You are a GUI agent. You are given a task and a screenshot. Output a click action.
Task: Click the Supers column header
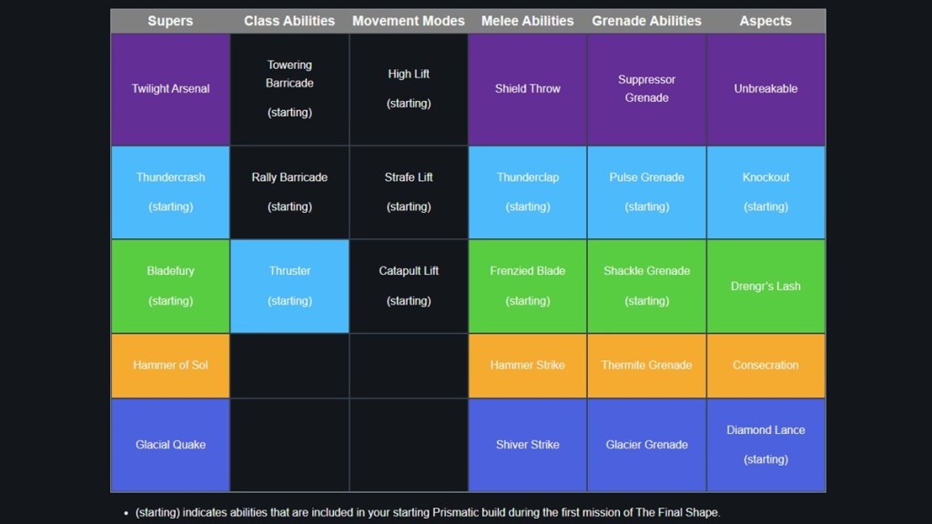[170, 21]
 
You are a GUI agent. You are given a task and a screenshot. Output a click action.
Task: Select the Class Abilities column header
[289, 21]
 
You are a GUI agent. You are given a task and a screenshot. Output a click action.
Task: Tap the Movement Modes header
[409, 21]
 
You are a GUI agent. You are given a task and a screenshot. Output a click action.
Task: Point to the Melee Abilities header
[528, 21]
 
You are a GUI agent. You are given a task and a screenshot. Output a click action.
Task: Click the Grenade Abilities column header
[647, 21]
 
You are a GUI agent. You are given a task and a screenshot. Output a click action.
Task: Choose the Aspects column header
[765, 21]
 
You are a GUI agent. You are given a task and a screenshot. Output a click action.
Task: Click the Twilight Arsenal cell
[170, 89]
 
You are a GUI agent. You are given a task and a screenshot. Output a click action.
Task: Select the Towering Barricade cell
[289, 89]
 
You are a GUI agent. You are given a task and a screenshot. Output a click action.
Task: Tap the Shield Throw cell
[528, 89]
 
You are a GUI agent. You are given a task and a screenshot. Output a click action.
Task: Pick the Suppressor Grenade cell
[647, 89]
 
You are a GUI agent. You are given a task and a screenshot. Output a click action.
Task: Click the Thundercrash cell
[170, 192]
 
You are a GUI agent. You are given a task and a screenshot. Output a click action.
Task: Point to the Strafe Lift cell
[409, 192]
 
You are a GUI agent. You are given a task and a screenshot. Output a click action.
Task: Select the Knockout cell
[765, 192]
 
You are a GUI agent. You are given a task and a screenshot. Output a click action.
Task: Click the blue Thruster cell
[289, 286]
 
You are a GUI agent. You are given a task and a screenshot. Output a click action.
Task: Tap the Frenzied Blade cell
[528, 286]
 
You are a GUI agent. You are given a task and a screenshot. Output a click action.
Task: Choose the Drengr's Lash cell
[765, 286]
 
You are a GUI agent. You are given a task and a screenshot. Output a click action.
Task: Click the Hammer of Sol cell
[170, 366]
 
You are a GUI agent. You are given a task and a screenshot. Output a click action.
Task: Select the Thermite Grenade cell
[647, 366]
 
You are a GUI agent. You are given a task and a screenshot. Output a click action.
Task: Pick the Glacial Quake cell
[170, 445]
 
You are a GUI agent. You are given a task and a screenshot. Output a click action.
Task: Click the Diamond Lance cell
[765, 445]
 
